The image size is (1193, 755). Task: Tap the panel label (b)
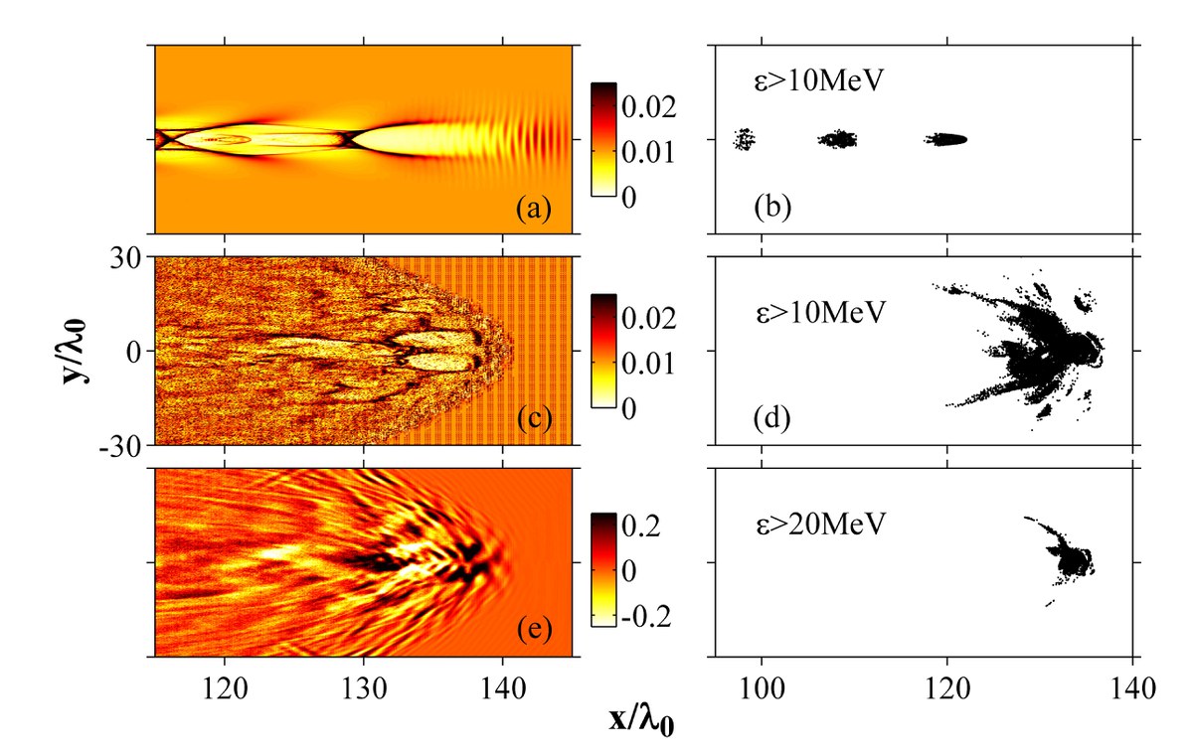coord(771,210)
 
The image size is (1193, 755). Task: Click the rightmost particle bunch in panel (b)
coord(946,139)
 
